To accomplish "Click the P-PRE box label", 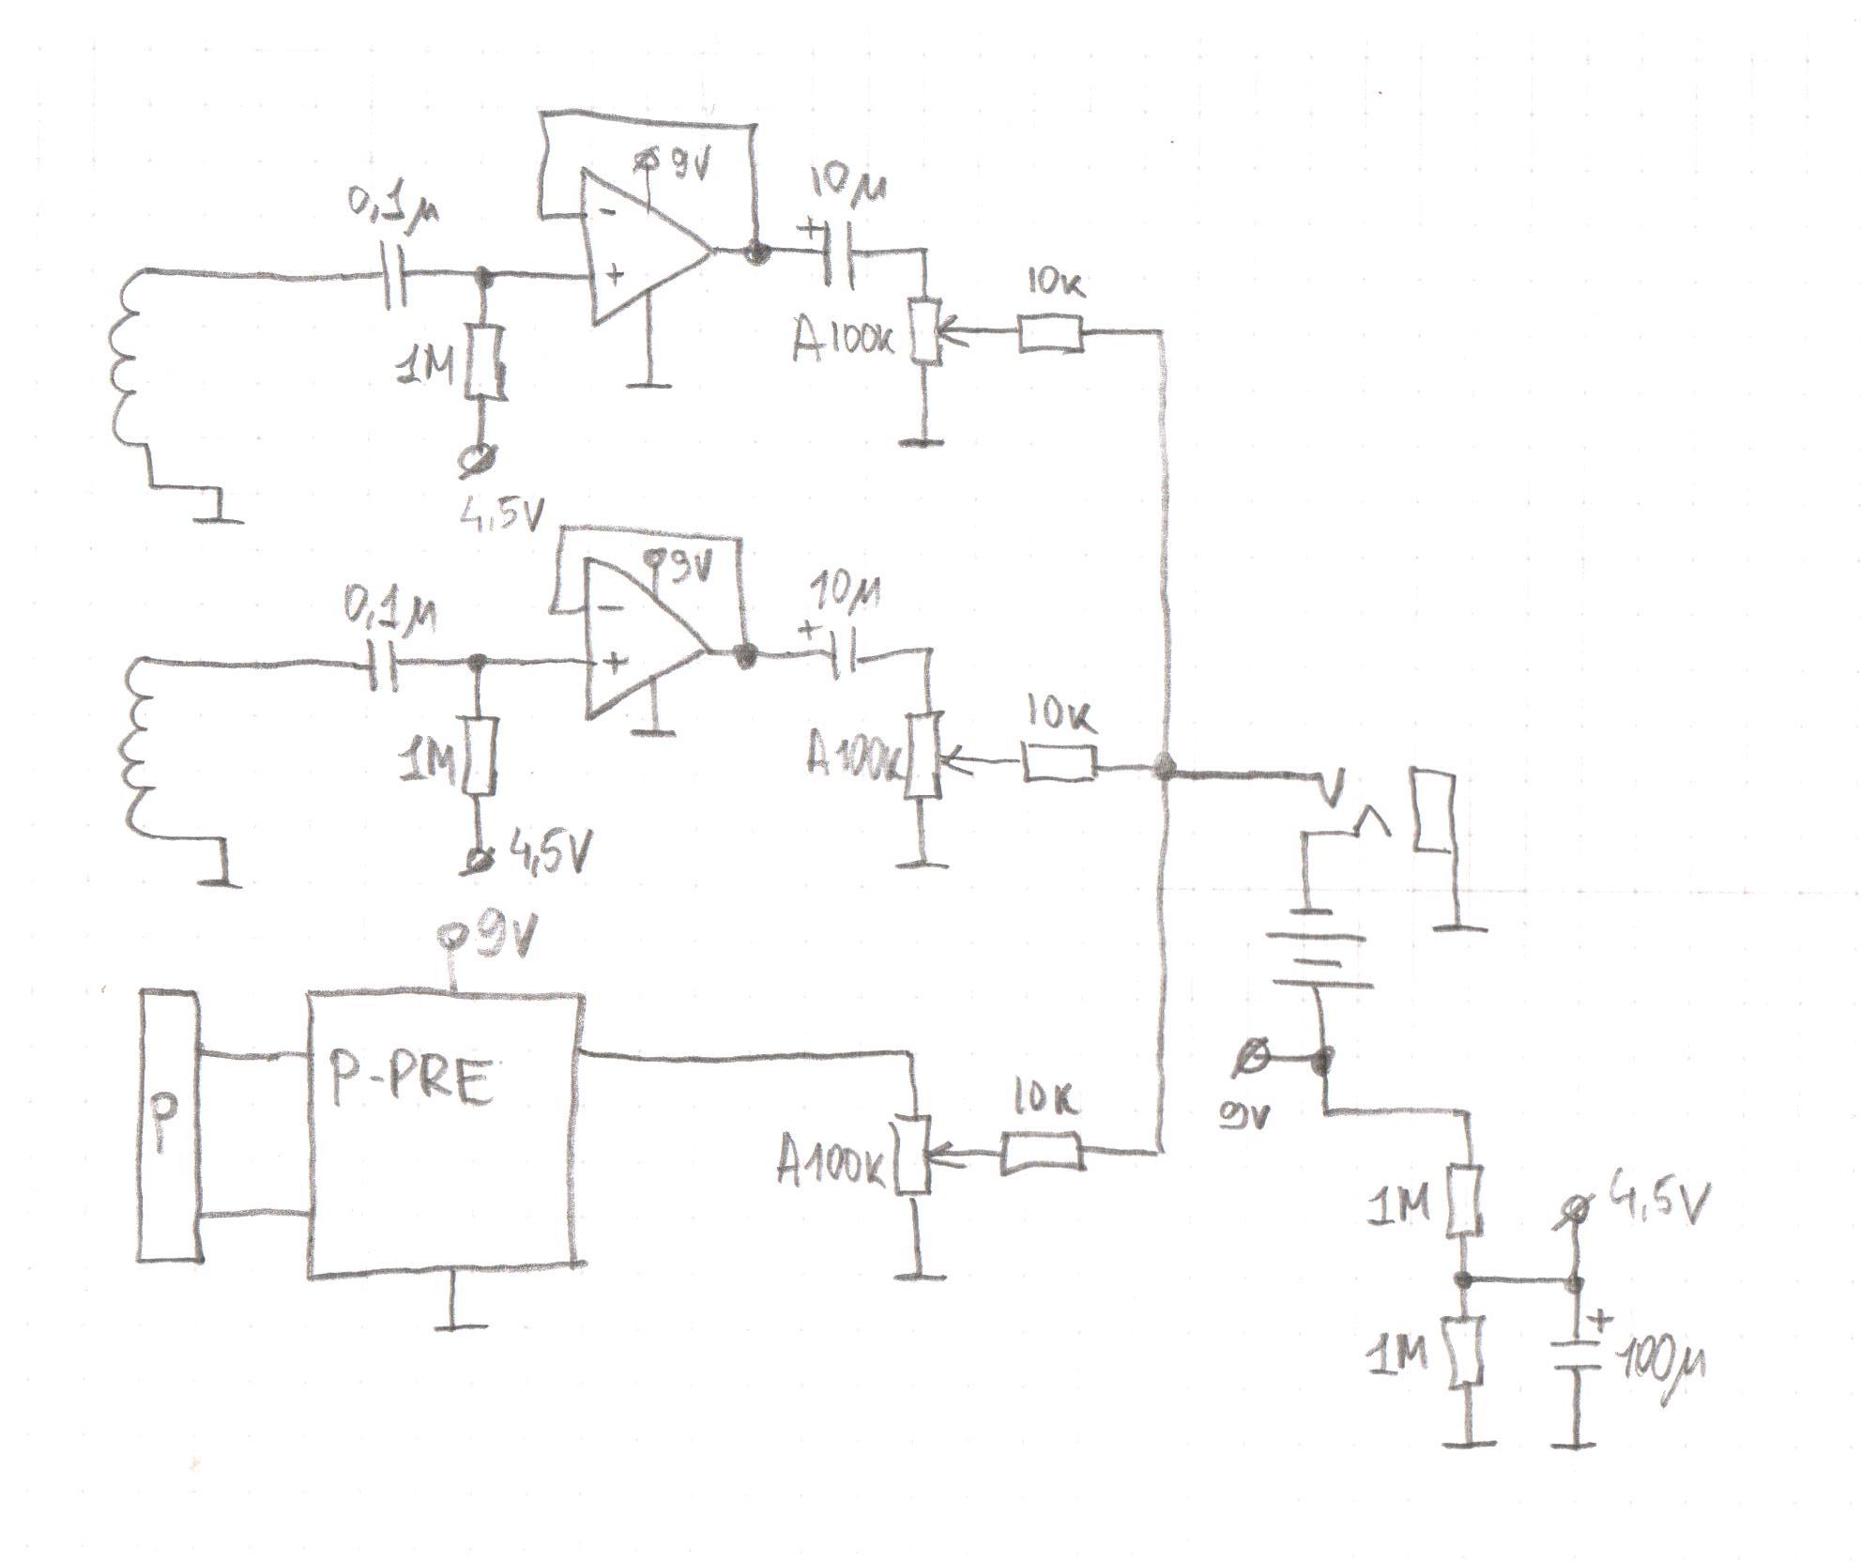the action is click(410, 1081).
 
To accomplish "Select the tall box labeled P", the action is click(168, 1126).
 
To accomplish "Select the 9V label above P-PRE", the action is click(488, 939).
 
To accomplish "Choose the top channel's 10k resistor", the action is click(1049, 335).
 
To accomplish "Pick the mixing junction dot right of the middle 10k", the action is click(1165, 768).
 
